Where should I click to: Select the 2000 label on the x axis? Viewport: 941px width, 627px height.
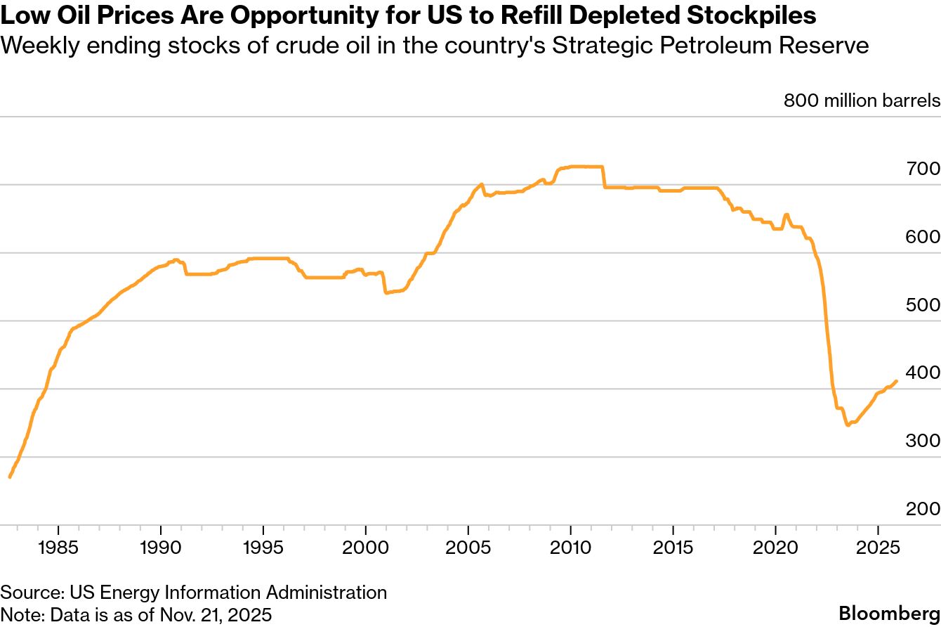click(x=365, y=547)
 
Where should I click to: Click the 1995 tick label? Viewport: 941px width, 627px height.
click(x=263, y=547)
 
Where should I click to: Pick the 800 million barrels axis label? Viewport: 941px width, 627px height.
click(x=862, y=101)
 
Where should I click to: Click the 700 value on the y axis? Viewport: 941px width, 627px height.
click(x=923, y=169)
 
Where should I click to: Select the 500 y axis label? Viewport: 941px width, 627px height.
click(x=923, y=305)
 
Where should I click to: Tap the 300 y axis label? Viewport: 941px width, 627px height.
click(x=923, y=441)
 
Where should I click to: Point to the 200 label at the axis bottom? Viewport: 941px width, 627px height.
click(x=923, y=509)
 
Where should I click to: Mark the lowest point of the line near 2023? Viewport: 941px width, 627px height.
click(x=848, y=425)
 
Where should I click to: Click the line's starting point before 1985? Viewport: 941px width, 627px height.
click(x=10, y=477)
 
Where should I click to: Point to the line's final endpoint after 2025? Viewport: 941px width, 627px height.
click(x=896, y=381)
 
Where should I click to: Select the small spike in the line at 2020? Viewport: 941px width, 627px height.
click(x=786, y=214)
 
